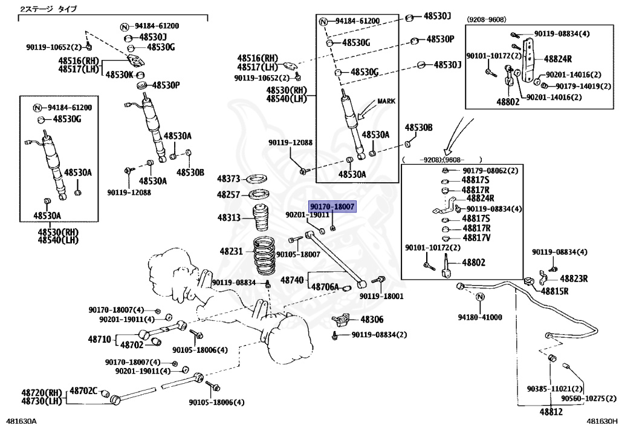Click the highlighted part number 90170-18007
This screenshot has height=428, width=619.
[x=332, y=206]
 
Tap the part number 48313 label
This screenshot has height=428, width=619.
[x=230, y=217]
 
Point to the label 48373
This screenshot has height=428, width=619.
[x=230, y=179]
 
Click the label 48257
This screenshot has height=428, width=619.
[x=230, y=195]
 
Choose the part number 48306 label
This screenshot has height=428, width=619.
[x=372, y=319]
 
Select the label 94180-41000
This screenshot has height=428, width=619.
[x=479, y=317]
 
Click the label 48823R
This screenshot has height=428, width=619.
[x=574, y=279]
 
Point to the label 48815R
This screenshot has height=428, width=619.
[x=555, y=291]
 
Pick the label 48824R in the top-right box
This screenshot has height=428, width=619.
[x=557, y=59]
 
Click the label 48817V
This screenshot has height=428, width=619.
[x=476, y=237]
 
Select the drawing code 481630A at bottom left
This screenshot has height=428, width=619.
[x=21, y=421]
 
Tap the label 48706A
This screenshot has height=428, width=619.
[x=329, y=285]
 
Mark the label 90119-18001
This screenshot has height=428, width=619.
[x=381, y=297]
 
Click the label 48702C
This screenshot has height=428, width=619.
[x=83, y=390]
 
